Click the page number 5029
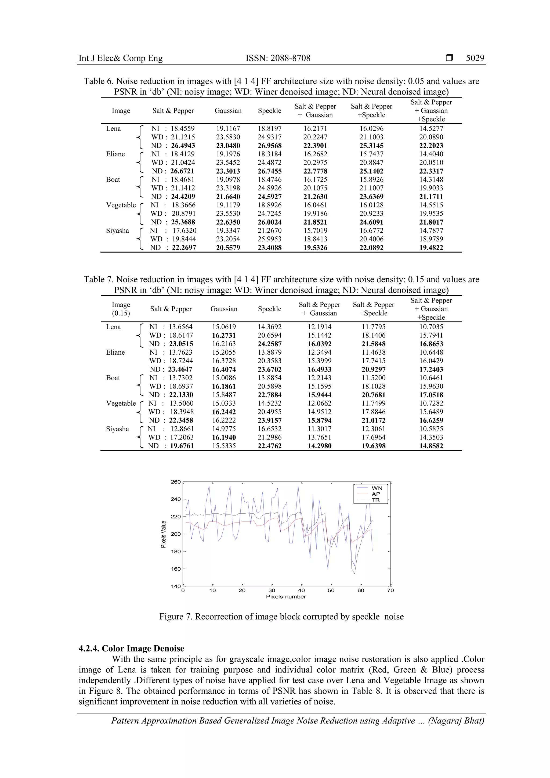pyautogui.click(x=475, y=58)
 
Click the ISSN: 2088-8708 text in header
pyautogui.click(x=278, y=58)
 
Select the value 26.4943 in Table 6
pyautogui.click(x=183, y=146)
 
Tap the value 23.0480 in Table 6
pyautogui.click(x=228, y=146)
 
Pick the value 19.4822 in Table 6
pyautogui.click(x=431, y=248)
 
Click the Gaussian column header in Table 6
pyautogui.click(x=228, y=110)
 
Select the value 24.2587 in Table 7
pyautogui.click(x=269, y=344)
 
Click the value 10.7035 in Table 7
pyautogui.click(x=431, y=327)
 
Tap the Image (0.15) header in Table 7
pyautogui.click(x=121, y=309)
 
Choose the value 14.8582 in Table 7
pyautogui.click(x=431, y=446)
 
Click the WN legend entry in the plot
pyautogui.click(x=377, y=488)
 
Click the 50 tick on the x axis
pyautogui.click(x=331, y=590)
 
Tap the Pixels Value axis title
pyautogui.click(x=163, y=534)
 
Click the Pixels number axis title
pyautogui.click(x=285, y=597)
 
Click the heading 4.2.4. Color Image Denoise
pyautogui.click(x=131, y=648)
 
